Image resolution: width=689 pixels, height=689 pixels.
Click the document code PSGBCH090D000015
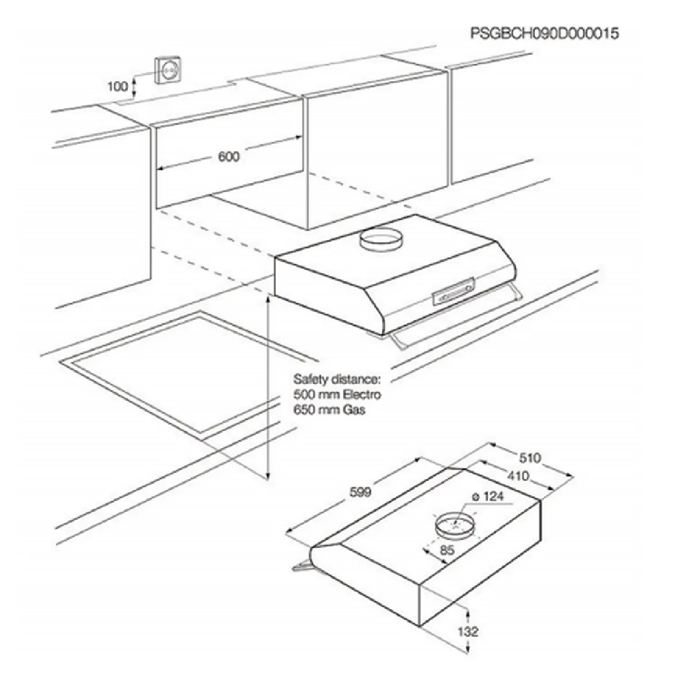coord(544,33)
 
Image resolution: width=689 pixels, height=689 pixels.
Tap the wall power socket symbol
coord(168,71)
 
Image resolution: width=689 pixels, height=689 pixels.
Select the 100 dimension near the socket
coord(118,87)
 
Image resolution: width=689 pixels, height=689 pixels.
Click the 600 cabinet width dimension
coord(229,156)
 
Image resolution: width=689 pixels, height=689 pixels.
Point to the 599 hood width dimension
coord(360,493)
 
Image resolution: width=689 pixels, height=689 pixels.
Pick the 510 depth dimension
coord(529,458)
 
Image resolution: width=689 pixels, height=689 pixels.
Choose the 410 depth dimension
coord(517,476)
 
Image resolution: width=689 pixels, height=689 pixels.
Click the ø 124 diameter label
coord(487,496)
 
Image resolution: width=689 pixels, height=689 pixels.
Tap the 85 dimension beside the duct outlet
coord(447,550)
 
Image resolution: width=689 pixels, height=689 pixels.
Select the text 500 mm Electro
coord(337,394)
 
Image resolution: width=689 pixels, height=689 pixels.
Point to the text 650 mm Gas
coord(329,410)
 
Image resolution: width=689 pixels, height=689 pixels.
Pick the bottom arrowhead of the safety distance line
coord(268,475)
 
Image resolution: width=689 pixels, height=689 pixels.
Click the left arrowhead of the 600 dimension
coord(161,168)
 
